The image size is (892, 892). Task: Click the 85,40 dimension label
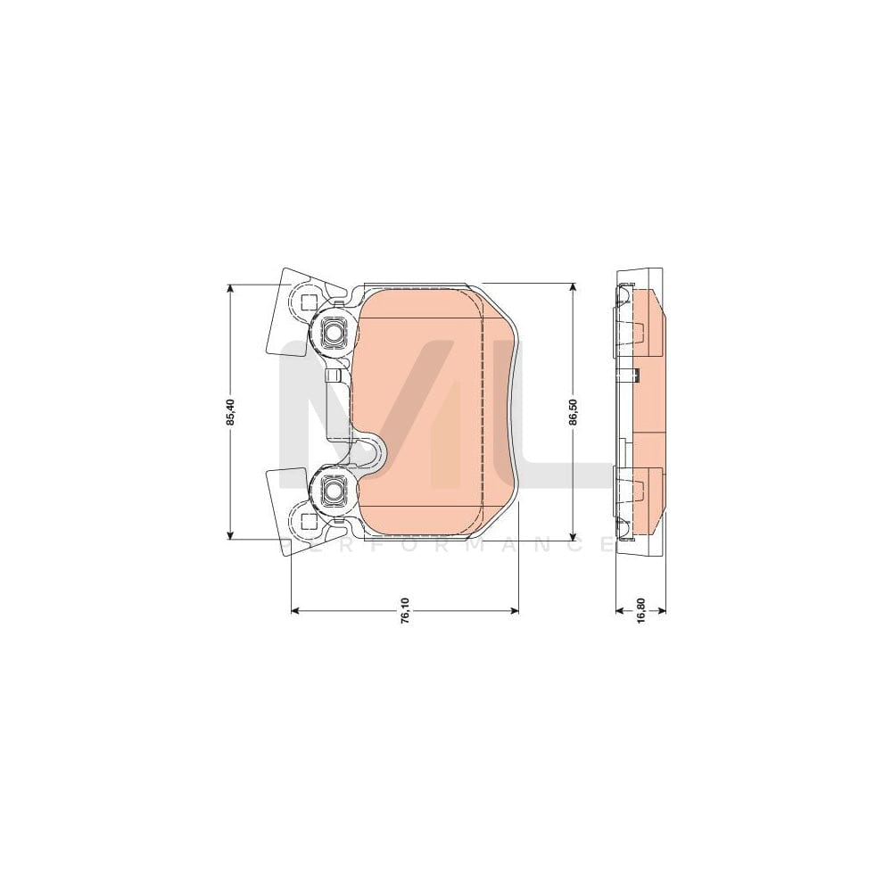[230, 412]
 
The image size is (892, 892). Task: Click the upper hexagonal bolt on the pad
[333, 334]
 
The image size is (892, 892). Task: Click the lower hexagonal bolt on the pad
[333, 489]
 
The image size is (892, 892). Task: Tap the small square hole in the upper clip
[309, 301]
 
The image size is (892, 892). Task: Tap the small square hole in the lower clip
[309, 522]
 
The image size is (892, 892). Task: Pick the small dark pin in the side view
[635, 374]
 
